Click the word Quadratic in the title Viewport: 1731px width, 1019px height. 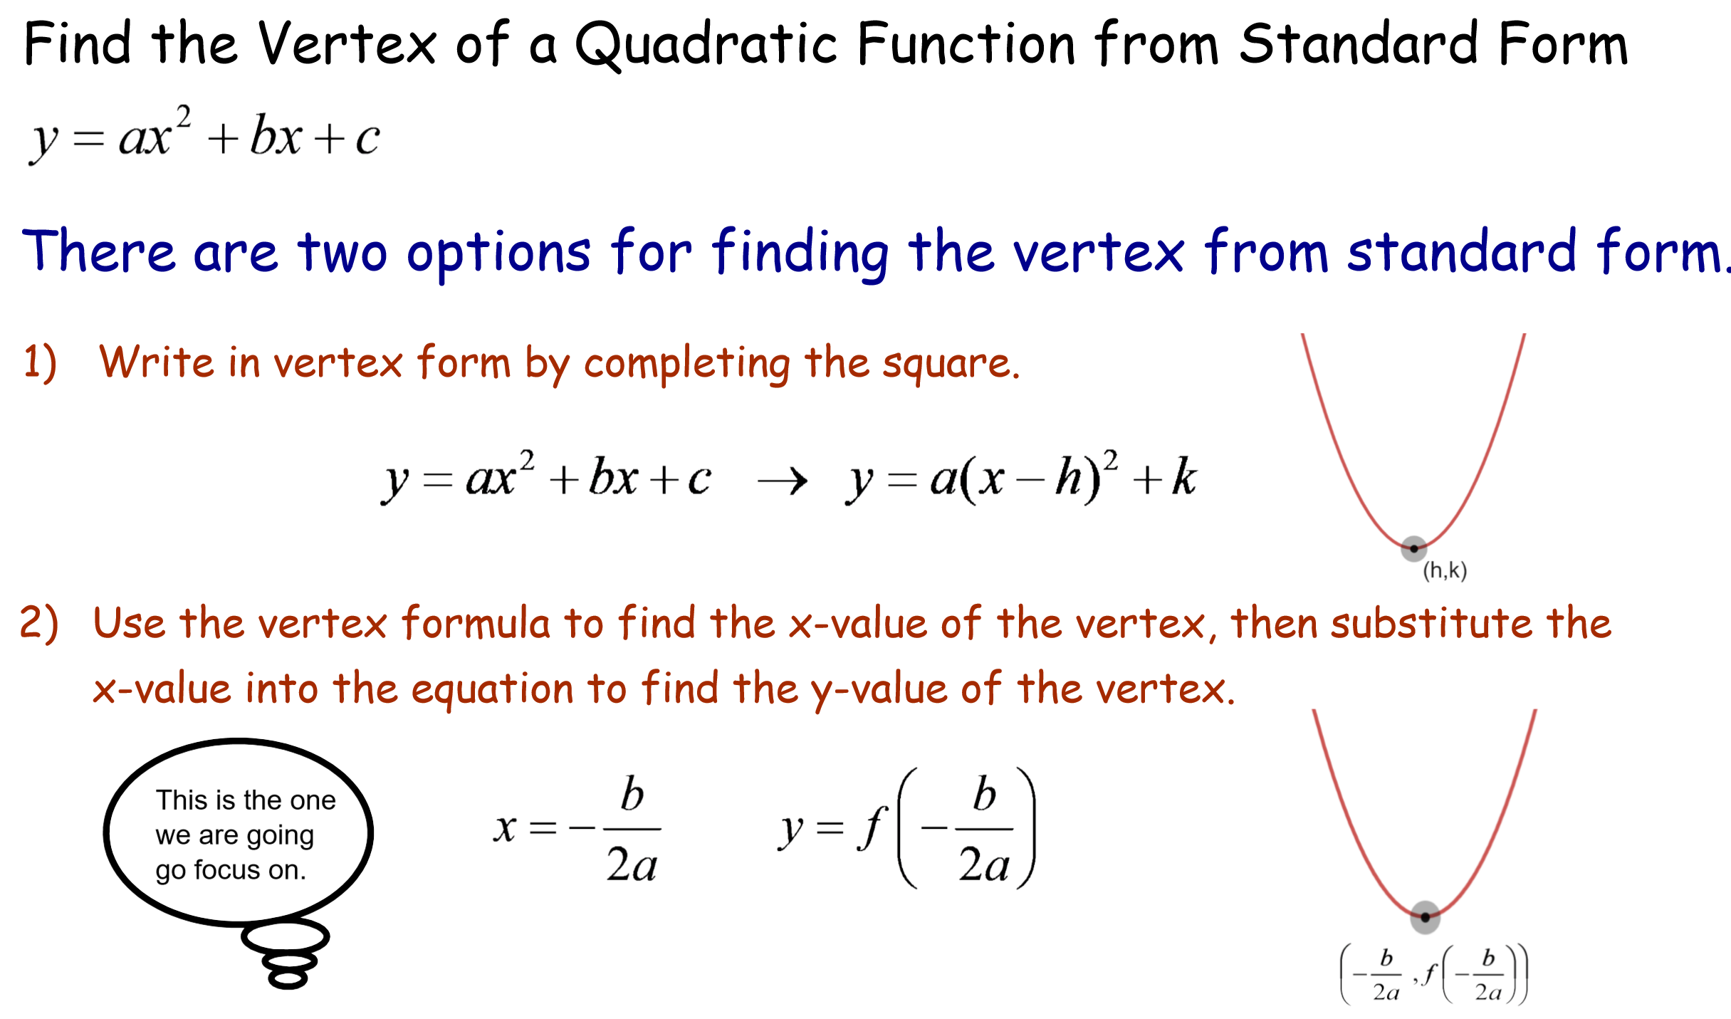point(706,45)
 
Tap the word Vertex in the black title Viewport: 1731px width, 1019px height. point(347,43)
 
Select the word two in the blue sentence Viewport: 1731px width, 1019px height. point(343,253)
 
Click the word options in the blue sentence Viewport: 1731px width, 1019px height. point(498,254)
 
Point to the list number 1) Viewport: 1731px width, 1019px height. point(40,363)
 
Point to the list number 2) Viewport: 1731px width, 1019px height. point(39,624)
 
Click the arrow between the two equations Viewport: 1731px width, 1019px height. point(783,481)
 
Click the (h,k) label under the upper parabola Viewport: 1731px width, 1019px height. point(1445,571)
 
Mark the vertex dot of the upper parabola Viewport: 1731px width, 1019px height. point(1414,548)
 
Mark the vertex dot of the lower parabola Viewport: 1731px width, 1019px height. point(1426,917)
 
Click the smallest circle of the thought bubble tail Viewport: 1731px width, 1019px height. point(288,979)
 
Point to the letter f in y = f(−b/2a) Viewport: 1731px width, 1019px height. point(872,828)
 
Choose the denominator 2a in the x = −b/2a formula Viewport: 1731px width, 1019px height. point(632,866)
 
